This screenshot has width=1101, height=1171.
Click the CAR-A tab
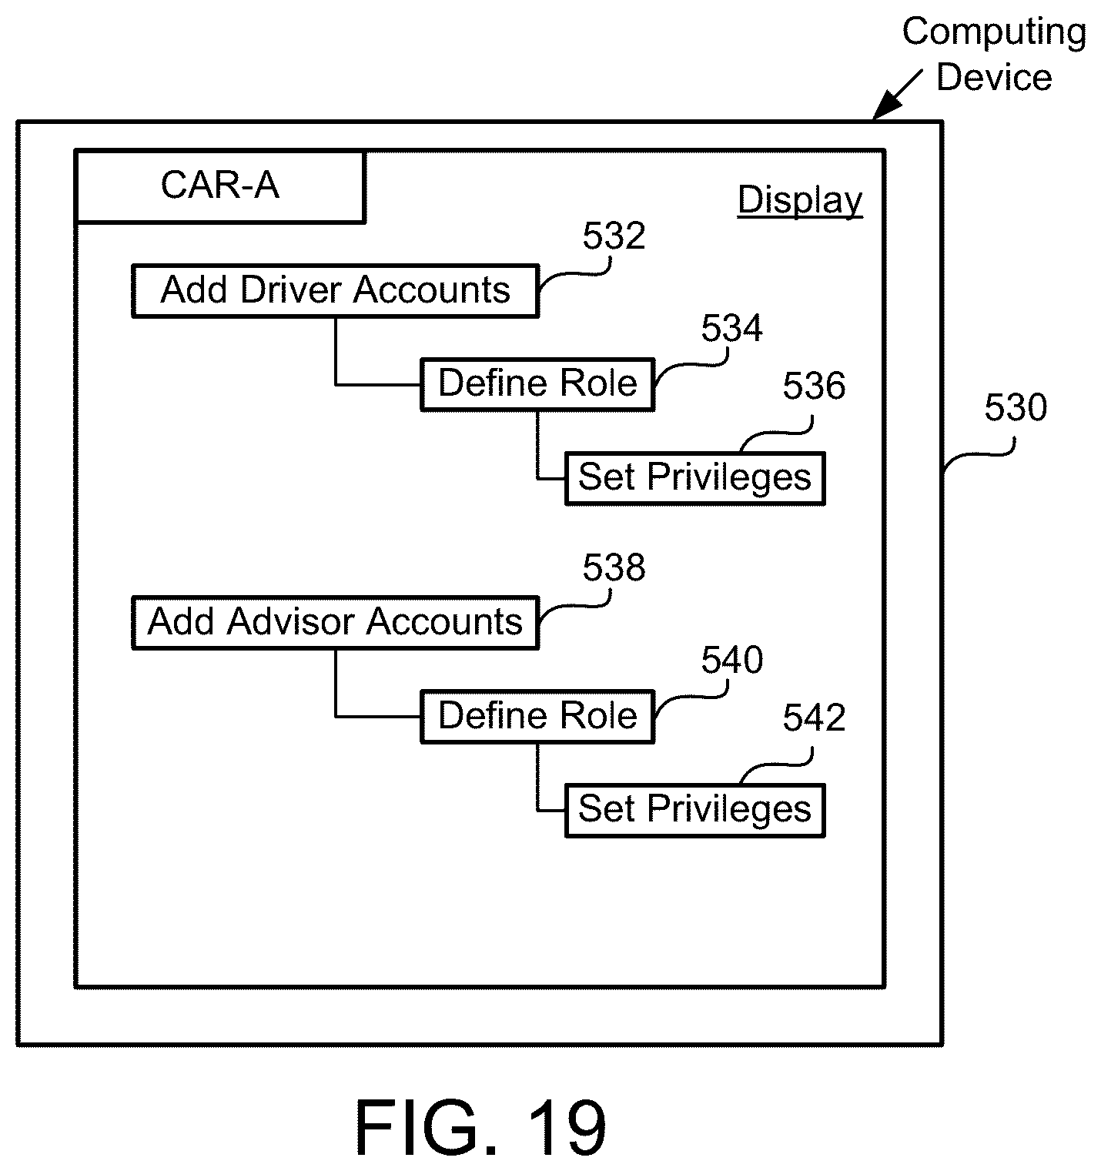[x=220, y=186]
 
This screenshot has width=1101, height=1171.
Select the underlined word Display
[x=800, y=200]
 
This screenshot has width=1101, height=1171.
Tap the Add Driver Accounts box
[x=335, y=291]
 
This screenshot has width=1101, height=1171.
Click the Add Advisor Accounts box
[x=335, y=622]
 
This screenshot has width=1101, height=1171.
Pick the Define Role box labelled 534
[x=537, y=383]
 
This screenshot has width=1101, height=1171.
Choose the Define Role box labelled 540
[x=537, y=716]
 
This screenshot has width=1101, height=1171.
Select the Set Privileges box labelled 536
[x=694, y=477]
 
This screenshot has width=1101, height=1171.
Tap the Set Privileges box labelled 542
[x=694, y=810]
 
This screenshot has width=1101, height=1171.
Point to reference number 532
[x=614, y=236]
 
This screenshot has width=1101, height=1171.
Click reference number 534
[x=731, y=329]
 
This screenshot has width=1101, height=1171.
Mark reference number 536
[x=814, y=386]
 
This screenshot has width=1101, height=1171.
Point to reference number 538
[x=614, y=568]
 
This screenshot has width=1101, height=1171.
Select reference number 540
[x=731, y=661]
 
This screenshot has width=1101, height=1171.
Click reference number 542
[x=814, y=718]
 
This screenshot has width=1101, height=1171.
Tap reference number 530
[x=1016, y=408]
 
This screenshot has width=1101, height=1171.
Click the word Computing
[x=994, y=32]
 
